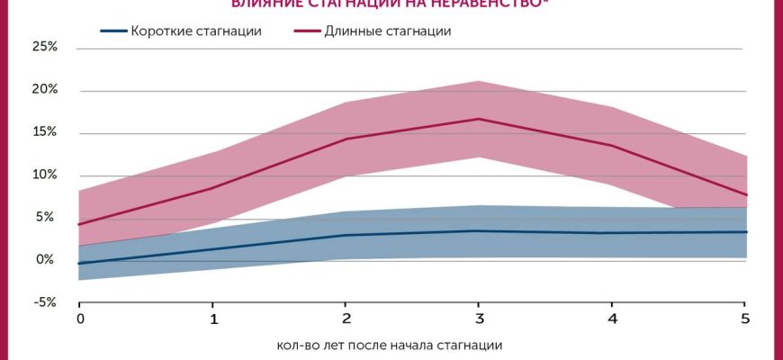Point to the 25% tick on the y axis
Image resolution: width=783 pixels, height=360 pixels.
(x=44, y=47)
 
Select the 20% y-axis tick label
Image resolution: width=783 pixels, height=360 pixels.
(x=44, y=90)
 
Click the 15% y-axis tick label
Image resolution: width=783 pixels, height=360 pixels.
(x=44, y=132)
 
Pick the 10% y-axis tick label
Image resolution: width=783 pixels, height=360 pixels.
(x=44, y=175)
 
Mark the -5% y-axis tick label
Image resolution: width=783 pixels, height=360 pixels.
(x=44, y=302)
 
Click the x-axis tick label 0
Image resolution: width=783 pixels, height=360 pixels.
(x=80, y=319)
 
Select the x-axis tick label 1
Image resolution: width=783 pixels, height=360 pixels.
(x=213, y=319)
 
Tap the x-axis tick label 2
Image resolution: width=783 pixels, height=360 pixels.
(x=346, y=319)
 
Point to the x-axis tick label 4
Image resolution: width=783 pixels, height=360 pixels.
(x=613, y=319)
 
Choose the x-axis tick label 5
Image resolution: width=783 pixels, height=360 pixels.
(x=745, y=319)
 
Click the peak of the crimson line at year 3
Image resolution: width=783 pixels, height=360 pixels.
(x=480, y=119)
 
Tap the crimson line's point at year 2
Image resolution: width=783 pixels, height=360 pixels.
(x=346, y=139)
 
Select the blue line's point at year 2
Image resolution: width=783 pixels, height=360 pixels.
(x=346, y=235)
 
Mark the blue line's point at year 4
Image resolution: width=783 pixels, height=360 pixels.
(x=613, y=233)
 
